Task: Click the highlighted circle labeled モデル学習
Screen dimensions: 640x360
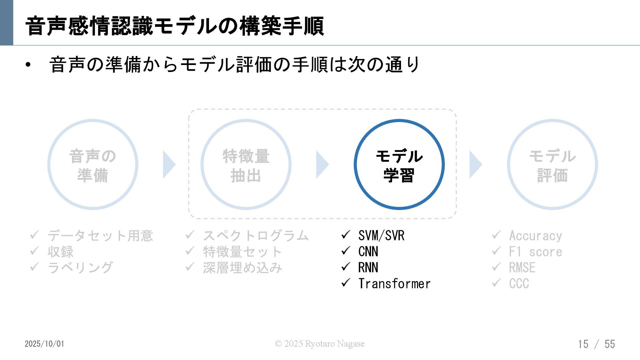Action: point(399,164)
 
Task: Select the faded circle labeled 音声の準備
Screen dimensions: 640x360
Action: point(93,164)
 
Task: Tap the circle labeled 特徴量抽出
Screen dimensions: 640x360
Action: point(246,164)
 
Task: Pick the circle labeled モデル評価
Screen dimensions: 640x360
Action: point(552,164)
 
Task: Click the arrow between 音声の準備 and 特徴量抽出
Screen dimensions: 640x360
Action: point(169,164)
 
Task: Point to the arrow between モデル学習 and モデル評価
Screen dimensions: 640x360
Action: point(475,164)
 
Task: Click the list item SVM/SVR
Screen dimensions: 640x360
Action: point(381,236)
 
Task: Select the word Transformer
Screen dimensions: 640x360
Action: point(394,284)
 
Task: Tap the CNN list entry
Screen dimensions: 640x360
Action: point(368,252)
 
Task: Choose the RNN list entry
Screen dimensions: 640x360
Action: point(368,268)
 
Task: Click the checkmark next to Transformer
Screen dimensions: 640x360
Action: point(346,283)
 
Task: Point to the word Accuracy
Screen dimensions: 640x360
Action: point(535,236)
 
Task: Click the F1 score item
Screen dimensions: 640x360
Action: point(535,252)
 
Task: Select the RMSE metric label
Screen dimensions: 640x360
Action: point(522,268)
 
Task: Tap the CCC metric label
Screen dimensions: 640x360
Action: point(519,284)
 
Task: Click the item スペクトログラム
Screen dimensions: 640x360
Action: point(256,236)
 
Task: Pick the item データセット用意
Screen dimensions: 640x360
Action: point(100,236)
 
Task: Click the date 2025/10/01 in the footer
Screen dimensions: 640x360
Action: point(44,344)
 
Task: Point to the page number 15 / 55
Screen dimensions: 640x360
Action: point(596,344)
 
